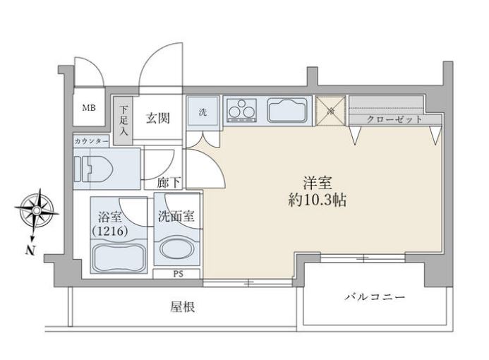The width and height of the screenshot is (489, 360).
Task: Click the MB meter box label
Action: pos(90,109)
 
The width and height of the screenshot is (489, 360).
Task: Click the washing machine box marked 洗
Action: pos(203,112)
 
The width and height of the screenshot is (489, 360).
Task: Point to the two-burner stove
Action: pos(243,110)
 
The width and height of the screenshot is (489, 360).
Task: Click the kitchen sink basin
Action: pos(286,111)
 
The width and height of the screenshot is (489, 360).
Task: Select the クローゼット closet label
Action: pos(396,119)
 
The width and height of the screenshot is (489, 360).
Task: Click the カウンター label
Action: pos(91,141)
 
